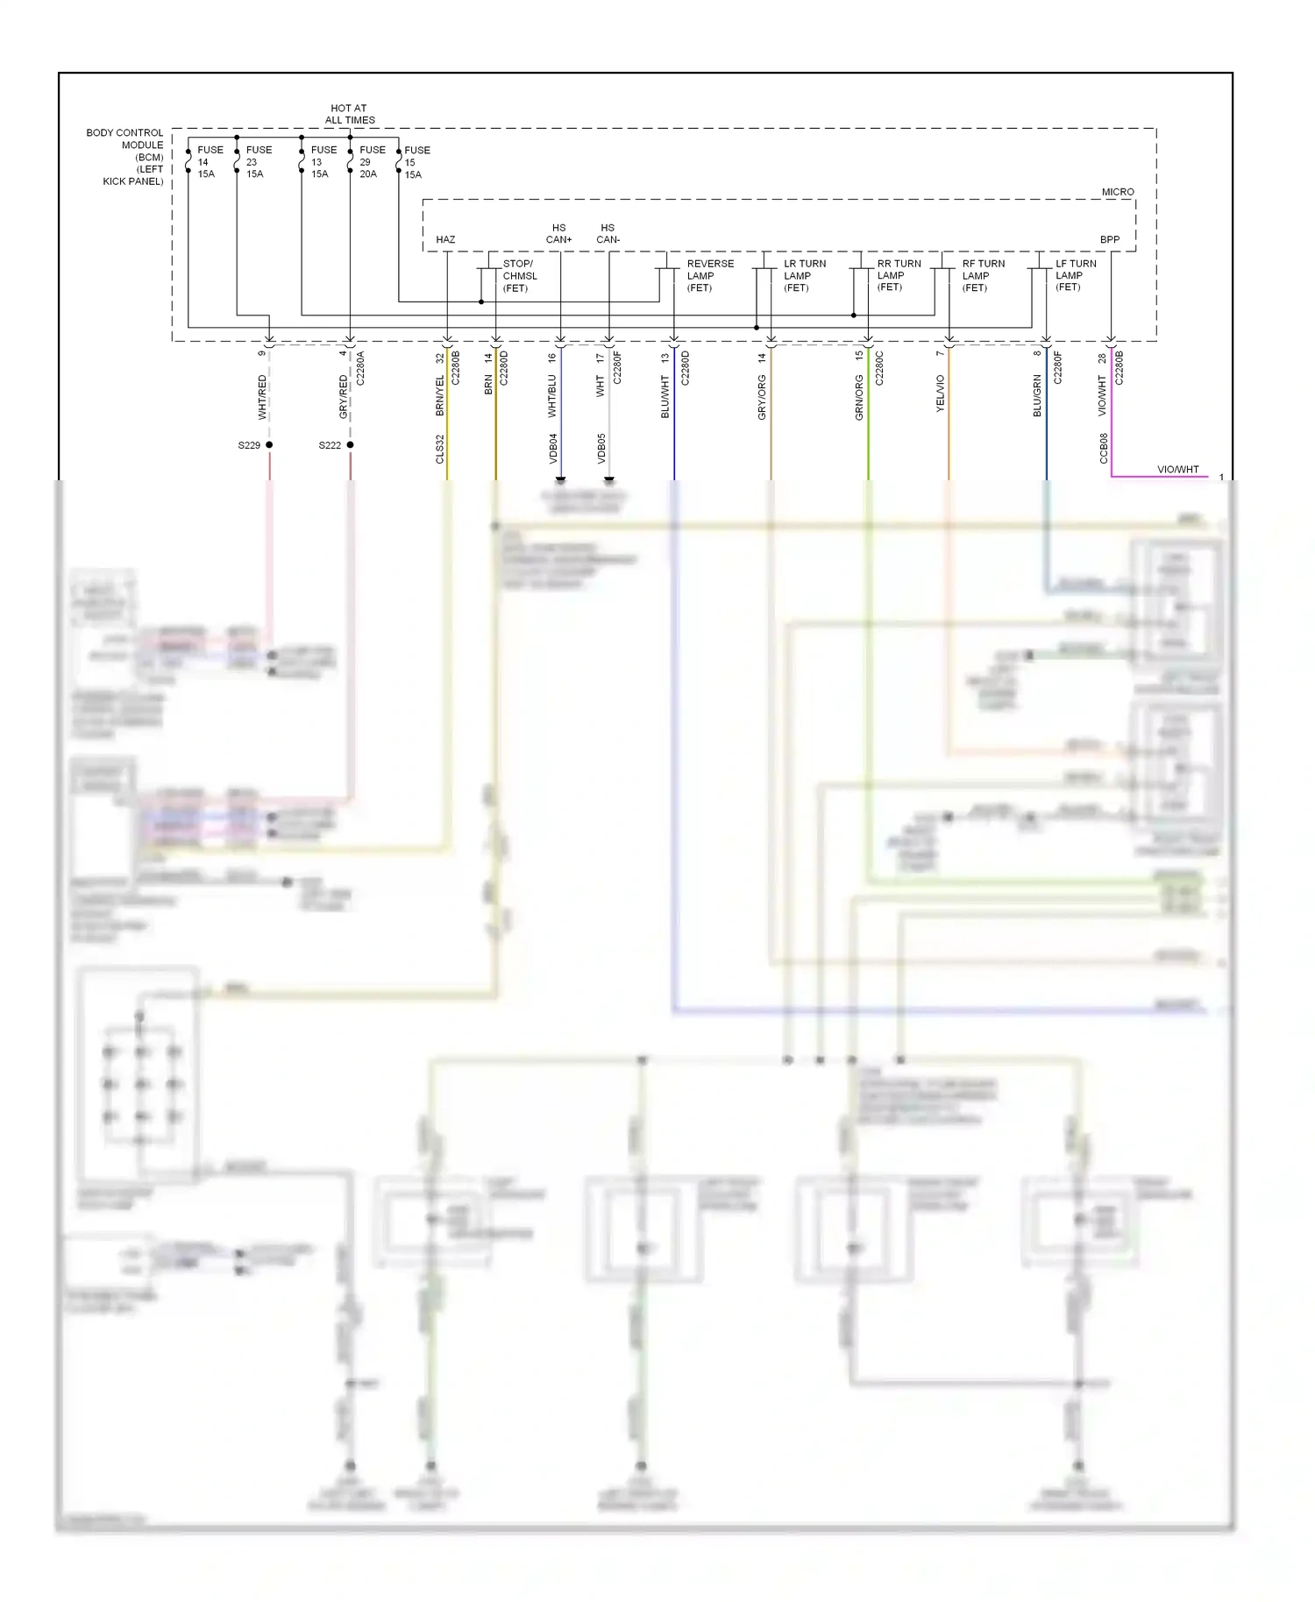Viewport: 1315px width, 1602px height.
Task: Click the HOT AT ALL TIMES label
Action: pos(349,114)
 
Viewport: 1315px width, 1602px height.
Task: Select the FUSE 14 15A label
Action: pos(209,162)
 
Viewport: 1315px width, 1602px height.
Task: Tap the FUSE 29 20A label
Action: pos(371,162)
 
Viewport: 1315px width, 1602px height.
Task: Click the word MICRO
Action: pos(1117,192)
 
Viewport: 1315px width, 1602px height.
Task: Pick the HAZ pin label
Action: pos(445,239)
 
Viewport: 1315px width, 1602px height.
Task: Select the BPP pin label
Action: pos(1109,239)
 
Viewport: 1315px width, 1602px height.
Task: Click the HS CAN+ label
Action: pos(558,233)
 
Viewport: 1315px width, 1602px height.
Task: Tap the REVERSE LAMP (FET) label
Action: pos(709,275)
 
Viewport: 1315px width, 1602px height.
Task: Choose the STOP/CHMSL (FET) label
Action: pos(519,275)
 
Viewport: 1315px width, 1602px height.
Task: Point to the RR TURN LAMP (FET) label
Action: pos(898,275)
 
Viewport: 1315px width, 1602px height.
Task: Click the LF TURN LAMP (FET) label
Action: pos(1075,275)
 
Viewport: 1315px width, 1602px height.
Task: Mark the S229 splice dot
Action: pos(269,445)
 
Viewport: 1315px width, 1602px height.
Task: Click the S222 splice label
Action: pos(330,445)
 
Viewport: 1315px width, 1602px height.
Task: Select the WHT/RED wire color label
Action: pos(261,397)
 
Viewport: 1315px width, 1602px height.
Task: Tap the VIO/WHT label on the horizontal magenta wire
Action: pos(1177,470)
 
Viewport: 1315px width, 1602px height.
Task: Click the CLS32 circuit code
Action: pos(440,449)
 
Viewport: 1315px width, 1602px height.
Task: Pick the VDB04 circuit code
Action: pos(553,448)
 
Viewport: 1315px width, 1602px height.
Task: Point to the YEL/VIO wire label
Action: pos(940,393)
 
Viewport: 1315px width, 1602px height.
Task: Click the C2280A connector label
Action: pos(360,368)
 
